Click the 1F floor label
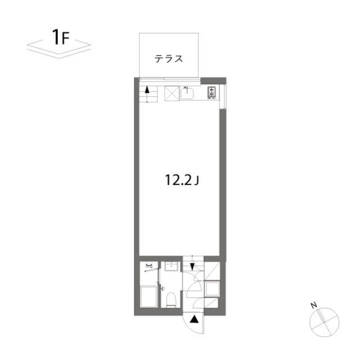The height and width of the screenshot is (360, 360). point(60,38)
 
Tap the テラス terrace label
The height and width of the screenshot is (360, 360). point(169,58)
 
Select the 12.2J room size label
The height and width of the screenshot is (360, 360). point(182,180)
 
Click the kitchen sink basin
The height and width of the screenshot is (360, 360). point(187,93)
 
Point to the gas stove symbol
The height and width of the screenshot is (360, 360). point(211,92)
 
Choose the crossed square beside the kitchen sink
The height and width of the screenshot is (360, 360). point(172,93)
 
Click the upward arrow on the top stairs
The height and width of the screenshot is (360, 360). point(147,90)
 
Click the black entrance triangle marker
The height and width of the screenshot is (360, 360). point(194,319)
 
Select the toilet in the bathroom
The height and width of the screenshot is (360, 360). point(171,299)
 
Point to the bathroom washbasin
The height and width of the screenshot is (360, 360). point(171,267)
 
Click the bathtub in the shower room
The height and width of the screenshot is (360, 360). point(148,296)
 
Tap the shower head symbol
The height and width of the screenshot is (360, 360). point(148,266)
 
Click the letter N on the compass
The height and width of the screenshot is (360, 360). point(314,305)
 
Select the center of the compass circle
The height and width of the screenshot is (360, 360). point(325,322)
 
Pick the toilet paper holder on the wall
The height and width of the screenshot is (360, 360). point(163,289)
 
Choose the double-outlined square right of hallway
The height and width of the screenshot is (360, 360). point(213,289)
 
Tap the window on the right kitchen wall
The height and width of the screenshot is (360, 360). point(223,96)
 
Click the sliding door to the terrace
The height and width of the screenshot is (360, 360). point(170,80)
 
